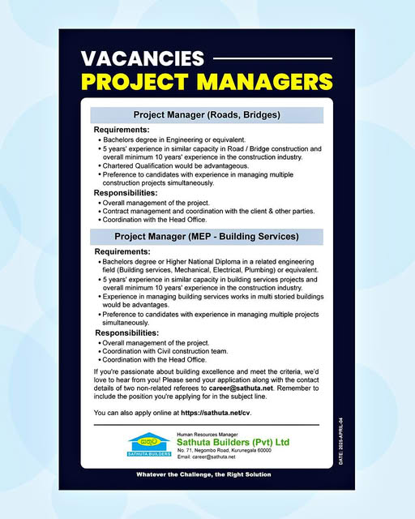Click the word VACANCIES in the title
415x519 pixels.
click(143, 59)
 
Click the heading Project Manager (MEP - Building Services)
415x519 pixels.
click(207, 237)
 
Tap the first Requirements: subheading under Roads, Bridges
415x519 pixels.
click(122, 130)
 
